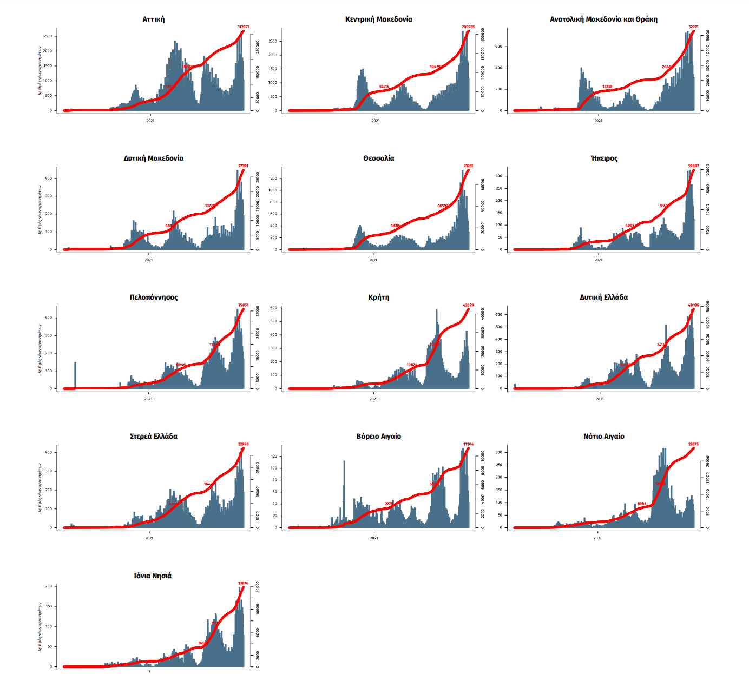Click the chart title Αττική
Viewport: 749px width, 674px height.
click(153, 19)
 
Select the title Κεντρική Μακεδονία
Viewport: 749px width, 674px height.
click(378, 19)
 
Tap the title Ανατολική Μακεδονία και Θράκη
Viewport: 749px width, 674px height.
click(603, 19)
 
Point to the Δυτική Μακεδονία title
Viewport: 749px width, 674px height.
click(153, 158)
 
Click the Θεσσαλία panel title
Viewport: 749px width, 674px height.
click(378, 158)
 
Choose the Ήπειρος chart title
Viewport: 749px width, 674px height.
click(604, 158)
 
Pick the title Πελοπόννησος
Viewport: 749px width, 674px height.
click(153, 298)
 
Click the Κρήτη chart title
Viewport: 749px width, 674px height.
click(378, 298)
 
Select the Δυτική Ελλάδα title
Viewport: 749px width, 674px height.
click(603, 298)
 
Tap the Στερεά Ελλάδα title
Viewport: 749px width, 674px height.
click(153, 437)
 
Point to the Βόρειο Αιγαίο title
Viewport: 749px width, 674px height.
click(378, 437)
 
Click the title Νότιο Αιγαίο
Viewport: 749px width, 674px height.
click(603, 437)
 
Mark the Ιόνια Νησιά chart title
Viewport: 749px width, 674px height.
click(153, 576)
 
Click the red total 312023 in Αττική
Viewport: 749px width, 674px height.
click(243, 27)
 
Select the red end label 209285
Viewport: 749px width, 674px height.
click(468, 27)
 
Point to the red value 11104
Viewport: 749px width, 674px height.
click(468, 444)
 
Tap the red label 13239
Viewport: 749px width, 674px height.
click(607, 87)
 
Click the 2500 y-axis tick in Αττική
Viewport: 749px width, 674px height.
click(48, 36)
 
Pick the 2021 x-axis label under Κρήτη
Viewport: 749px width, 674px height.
click(373, 399)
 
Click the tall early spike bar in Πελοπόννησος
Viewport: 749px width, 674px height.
click(75, 373)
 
